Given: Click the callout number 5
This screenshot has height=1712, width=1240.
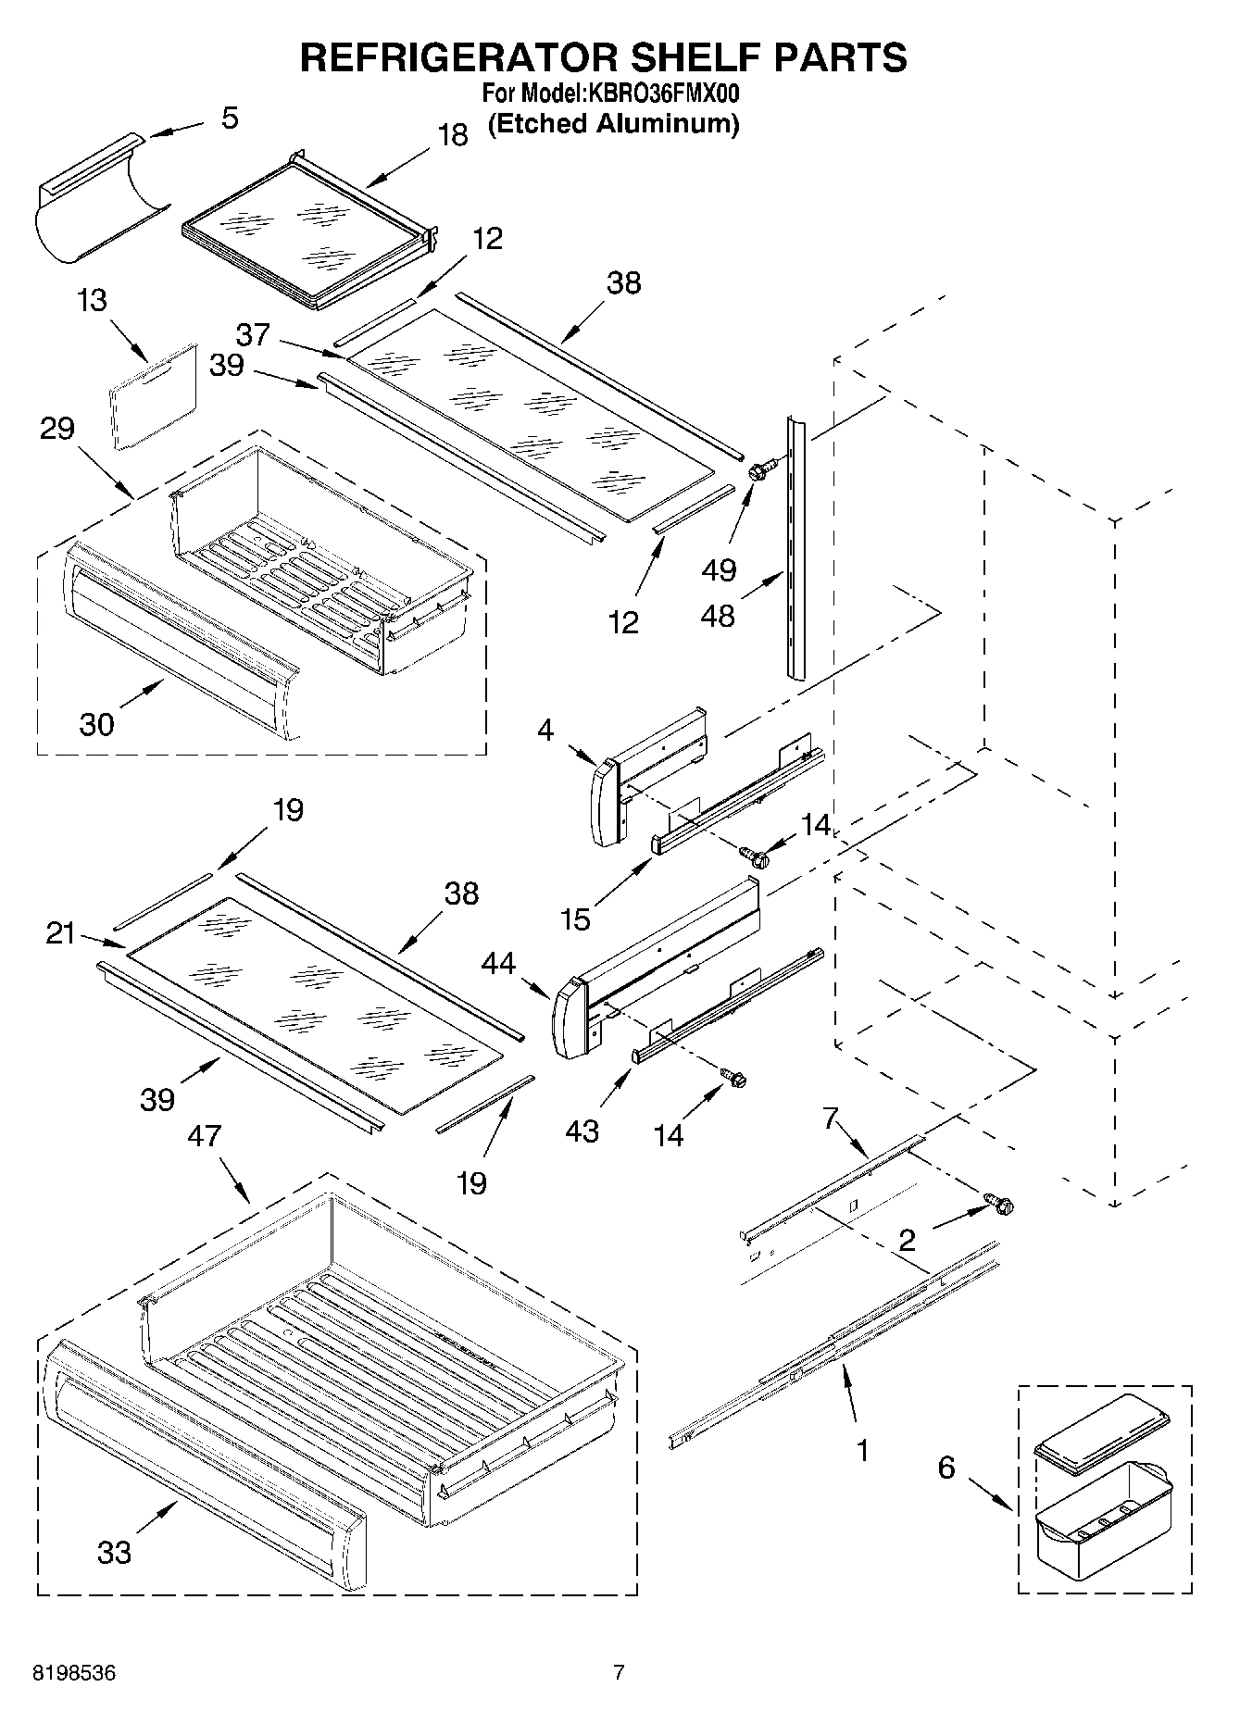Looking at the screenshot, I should click(230, 118).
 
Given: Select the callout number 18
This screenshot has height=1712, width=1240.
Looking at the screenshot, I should click(452, 135).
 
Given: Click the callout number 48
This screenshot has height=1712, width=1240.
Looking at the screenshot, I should click(718, 615).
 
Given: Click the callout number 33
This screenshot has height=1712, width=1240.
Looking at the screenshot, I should click(114, 1552).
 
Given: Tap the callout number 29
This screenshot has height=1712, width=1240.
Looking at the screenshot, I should click(56, 429).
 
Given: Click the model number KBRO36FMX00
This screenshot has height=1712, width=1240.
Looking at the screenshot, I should click(662, 94).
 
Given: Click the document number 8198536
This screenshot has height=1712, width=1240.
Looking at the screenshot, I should click(74, 1673).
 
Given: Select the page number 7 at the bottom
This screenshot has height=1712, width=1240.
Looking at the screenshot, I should click(619, 1672).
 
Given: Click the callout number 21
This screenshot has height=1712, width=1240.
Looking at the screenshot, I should click(60, 933).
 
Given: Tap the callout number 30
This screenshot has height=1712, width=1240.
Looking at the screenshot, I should click(96, 724).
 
